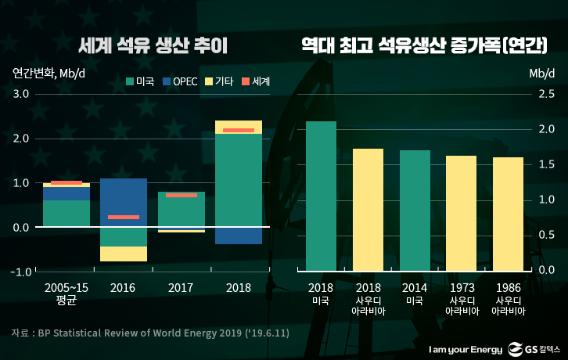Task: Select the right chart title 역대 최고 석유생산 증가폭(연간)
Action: tap(424, 46)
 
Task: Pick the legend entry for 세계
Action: tap(255, 81)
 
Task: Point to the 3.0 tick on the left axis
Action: tap(20, 94)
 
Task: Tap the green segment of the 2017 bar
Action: tap(182, 211)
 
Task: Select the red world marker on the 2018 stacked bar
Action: tap(239, 130)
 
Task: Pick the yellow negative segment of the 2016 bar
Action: tap(124, 254)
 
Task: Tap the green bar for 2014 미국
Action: tap(415, 210)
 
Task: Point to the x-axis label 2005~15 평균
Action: tap(67, 293)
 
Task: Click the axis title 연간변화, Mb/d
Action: tap(45, 74)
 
